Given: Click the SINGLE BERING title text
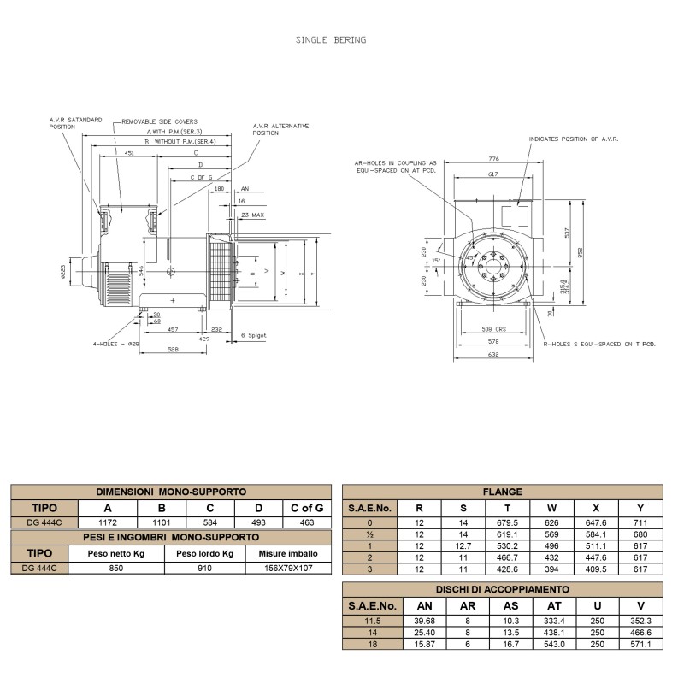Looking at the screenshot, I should point(331,39).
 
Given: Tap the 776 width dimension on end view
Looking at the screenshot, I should point(494,159).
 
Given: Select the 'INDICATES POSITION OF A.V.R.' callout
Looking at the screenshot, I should point(573,138).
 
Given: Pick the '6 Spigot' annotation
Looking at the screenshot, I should point(255,335).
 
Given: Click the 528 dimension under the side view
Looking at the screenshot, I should point(172,350).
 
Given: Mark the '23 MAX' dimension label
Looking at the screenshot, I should point(253,215).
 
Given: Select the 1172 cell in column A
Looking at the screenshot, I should point(107,522).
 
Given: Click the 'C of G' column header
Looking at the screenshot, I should point(307,507).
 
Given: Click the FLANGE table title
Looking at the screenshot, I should point(502,492).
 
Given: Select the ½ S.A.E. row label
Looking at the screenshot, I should point(369,534).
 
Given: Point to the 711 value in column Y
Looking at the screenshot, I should point(640,522).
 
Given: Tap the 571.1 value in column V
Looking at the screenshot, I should point(640,643).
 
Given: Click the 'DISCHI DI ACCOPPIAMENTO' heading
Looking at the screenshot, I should point(502,589).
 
